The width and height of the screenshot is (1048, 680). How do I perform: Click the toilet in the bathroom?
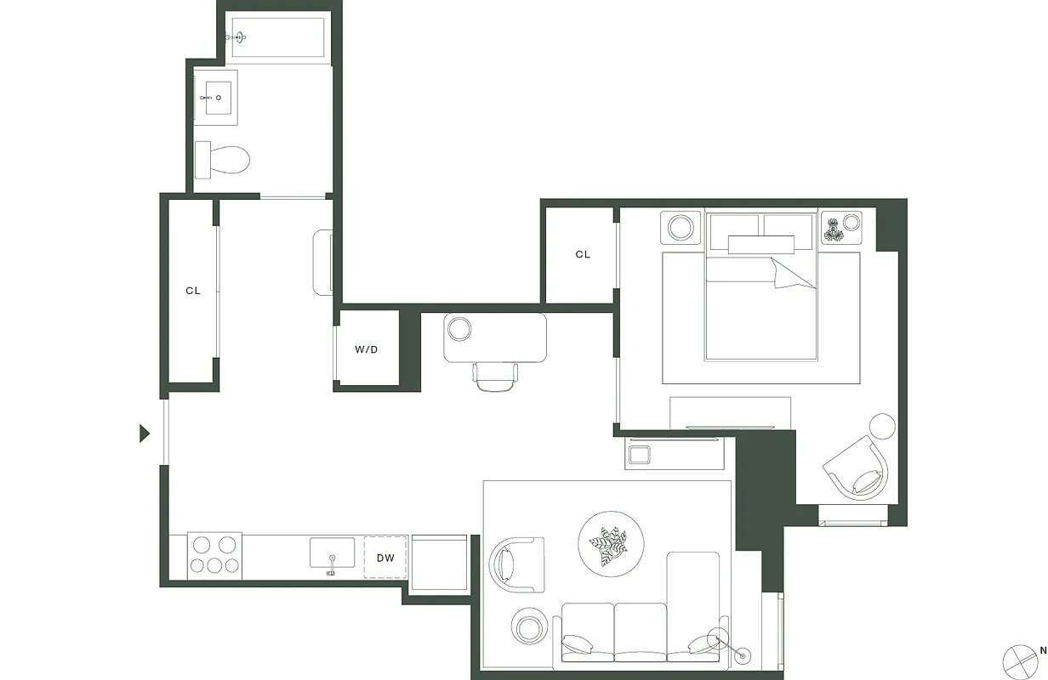(x=224, y=159)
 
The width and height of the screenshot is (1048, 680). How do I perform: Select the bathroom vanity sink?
(x=218, y=98)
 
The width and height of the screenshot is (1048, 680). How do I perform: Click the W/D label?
(x=367, y=349)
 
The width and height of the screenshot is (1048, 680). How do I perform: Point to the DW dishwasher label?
(x=385, y=558)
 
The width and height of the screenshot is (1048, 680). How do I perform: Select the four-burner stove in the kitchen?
(x=214, y=556)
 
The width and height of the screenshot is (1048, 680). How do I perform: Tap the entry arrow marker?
(x=145, y=433)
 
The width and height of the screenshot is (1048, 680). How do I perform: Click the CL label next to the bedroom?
(x=583, y=254)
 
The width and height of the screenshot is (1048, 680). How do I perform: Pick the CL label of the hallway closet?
(x=193, y=291)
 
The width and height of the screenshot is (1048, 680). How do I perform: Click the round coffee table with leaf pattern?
(x=611, y=542)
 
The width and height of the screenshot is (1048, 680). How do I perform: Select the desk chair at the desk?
(x=496, y=377)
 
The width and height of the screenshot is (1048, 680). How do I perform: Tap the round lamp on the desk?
(x=460, y=328)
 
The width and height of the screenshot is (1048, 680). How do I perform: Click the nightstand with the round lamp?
(x=681, y=228)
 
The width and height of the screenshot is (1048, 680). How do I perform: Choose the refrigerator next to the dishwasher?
(x=438, y=562)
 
